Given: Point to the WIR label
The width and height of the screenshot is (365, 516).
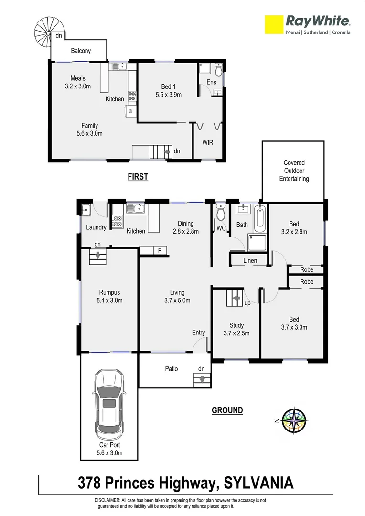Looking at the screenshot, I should [x=208, y=143].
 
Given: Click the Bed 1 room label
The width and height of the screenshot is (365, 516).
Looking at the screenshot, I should [x=166, y=86].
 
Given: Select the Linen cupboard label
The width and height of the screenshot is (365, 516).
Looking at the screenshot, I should [x=250, y=260].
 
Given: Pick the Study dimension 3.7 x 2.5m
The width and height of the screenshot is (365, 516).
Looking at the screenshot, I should [x=236, y=333].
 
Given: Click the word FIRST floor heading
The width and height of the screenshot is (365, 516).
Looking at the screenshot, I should [x=138, y=177].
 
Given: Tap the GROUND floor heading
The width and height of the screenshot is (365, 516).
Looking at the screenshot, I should [x=227, y=410].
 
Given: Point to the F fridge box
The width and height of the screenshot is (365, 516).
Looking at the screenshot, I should [x=159, y=250].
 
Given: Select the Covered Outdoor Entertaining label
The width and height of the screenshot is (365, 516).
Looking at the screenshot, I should [x=294, y=171].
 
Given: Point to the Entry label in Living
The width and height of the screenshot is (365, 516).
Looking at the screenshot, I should [x=198, y=333].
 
